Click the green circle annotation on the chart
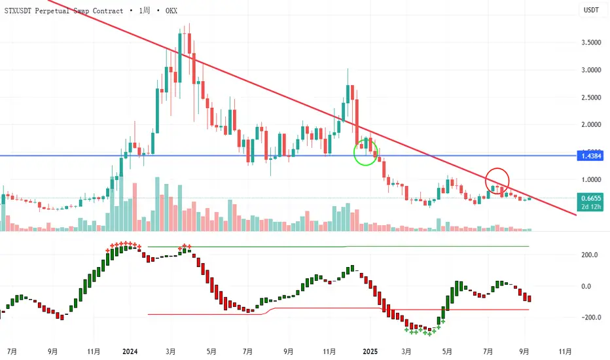pyautogui.click(x=366, y=153)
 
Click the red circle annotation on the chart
pyautogui.click(x=497, y=181)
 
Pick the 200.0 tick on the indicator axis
pyautogui.click(x=592, y=255)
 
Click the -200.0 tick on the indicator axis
pyautogui.click(x=590, y=317)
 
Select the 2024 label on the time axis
pyautogui.click(x=130, y=350)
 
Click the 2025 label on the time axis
pyautogui.click(x=370, y=350)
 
